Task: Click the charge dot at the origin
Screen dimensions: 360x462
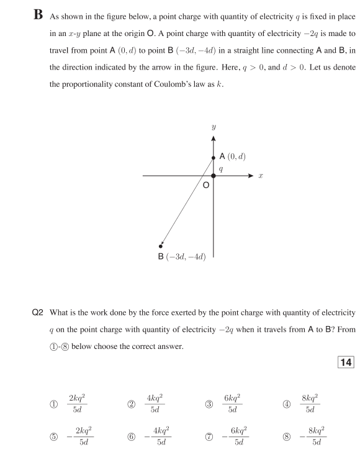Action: [x=214, y=176]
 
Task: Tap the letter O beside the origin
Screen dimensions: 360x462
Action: [x=205, y=185]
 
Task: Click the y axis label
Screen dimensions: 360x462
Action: [x=214, y=127]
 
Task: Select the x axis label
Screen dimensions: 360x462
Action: [x=261, y=176]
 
